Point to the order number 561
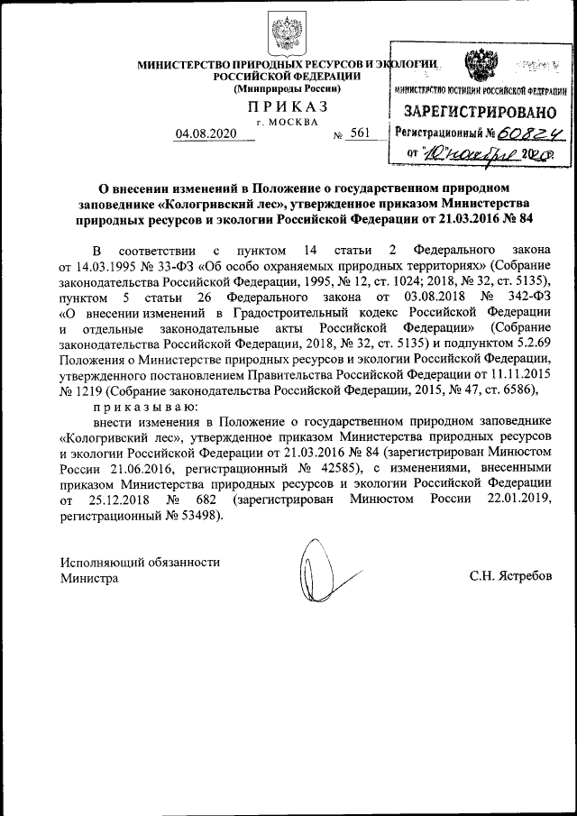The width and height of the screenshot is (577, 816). pyautogui.click(x=360, y=133)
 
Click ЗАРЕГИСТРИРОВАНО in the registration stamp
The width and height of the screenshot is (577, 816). pyautogui.click(x=479, y=112)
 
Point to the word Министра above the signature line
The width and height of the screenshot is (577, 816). pyautogui.click(x=89, y=578)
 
